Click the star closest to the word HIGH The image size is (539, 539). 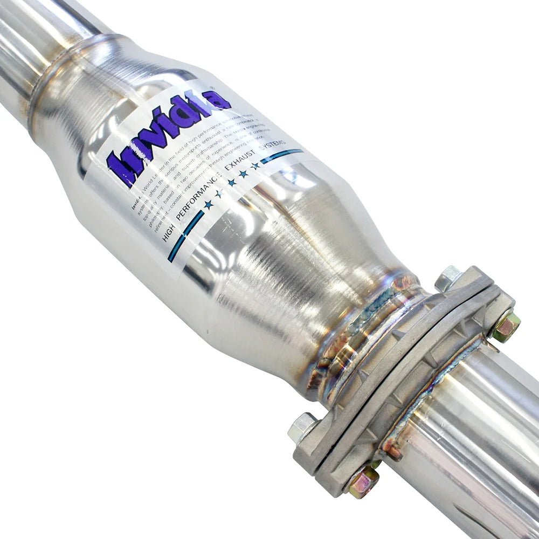coord(208,204)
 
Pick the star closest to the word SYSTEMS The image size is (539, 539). coord(255,166)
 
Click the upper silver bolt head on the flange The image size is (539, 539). coord(447,278)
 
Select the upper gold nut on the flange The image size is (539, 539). coord(507,326)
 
